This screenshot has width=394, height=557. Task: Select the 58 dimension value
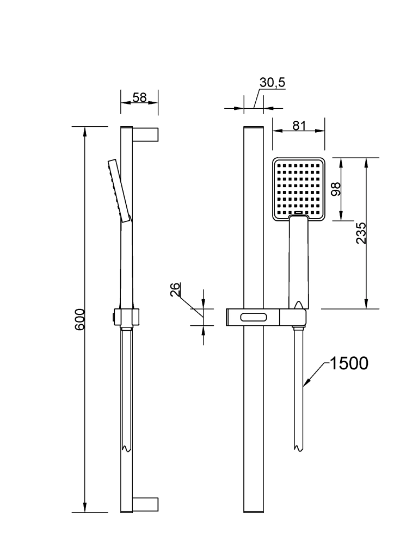(x=140, y=98)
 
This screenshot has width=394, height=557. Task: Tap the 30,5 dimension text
(x=273, y=83)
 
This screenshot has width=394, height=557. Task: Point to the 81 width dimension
(x=299, y=125)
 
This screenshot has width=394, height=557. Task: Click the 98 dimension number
(x=336, y=189)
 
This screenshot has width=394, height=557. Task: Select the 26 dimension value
(x=175, y=289)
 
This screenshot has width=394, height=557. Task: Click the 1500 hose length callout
(x=349, y=363)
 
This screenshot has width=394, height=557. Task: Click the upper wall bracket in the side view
(x=145, y=133)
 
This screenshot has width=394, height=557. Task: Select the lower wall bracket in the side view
(x=145, y=504)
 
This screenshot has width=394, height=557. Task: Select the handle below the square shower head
(x=298, y=261)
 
